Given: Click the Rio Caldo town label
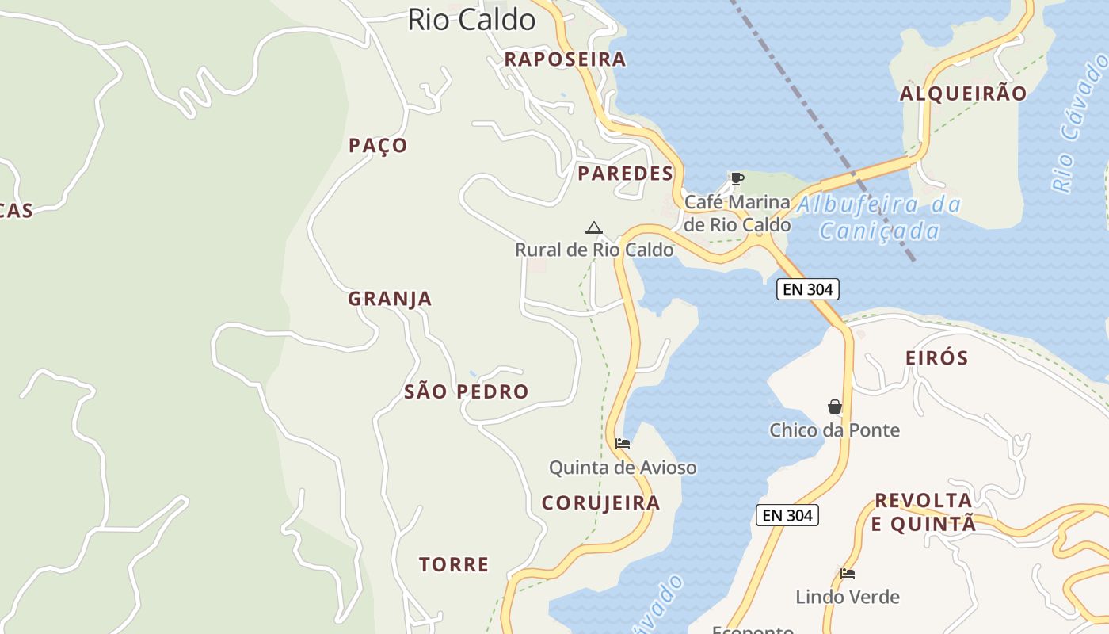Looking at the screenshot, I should pos(471,20).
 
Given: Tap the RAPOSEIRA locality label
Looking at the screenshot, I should pos(565,59).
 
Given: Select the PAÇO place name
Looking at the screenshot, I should pos(378,145).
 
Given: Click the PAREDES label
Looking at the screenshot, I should pos(625,174).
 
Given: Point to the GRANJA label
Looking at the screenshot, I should pos(390,299).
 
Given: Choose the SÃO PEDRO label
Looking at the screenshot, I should pos(466,391).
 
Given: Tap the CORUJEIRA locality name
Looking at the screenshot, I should pos(600,502).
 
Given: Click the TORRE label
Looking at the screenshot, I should pos(454,564).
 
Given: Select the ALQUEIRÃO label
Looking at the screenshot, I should pos(962,94).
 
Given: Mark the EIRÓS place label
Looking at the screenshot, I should pos(936,358).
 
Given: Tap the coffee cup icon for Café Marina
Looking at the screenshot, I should pos(737,178).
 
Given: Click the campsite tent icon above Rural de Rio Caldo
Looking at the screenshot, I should pos(593,228).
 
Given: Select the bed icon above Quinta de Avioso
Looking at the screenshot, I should pos(623,444).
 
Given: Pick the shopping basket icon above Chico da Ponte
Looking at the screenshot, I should pos(834,407).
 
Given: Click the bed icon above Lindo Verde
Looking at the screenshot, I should pos(848,574).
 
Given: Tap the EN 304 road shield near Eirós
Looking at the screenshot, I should pos(807,289).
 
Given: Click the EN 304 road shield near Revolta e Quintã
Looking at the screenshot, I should pos(787,515).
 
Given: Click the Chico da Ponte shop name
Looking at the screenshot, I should pos(834,430).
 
